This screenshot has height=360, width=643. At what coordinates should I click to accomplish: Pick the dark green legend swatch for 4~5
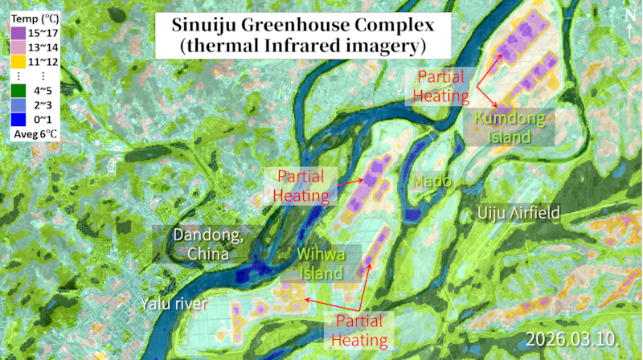coord(19,92)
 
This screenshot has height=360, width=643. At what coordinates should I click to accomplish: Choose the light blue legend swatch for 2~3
coord(19,106)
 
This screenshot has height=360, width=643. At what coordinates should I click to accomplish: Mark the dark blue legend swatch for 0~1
coord(19,121)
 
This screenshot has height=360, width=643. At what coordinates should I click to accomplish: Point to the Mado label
coord(432,182)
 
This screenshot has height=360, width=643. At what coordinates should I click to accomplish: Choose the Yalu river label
coord(174,304)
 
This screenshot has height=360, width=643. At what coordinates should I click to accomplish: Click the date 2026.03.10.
coord(573,337)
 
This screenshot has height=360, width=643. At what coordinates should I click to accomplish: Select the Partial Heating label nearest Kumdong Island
coord(441,87)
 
